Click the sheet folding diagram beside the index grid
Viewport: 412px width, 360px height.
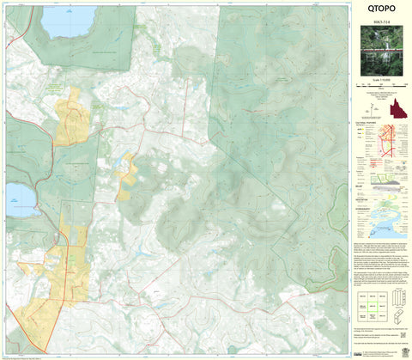click(399, 305)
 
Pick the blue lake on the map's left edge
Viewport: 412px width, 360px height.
click(20, 199)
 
